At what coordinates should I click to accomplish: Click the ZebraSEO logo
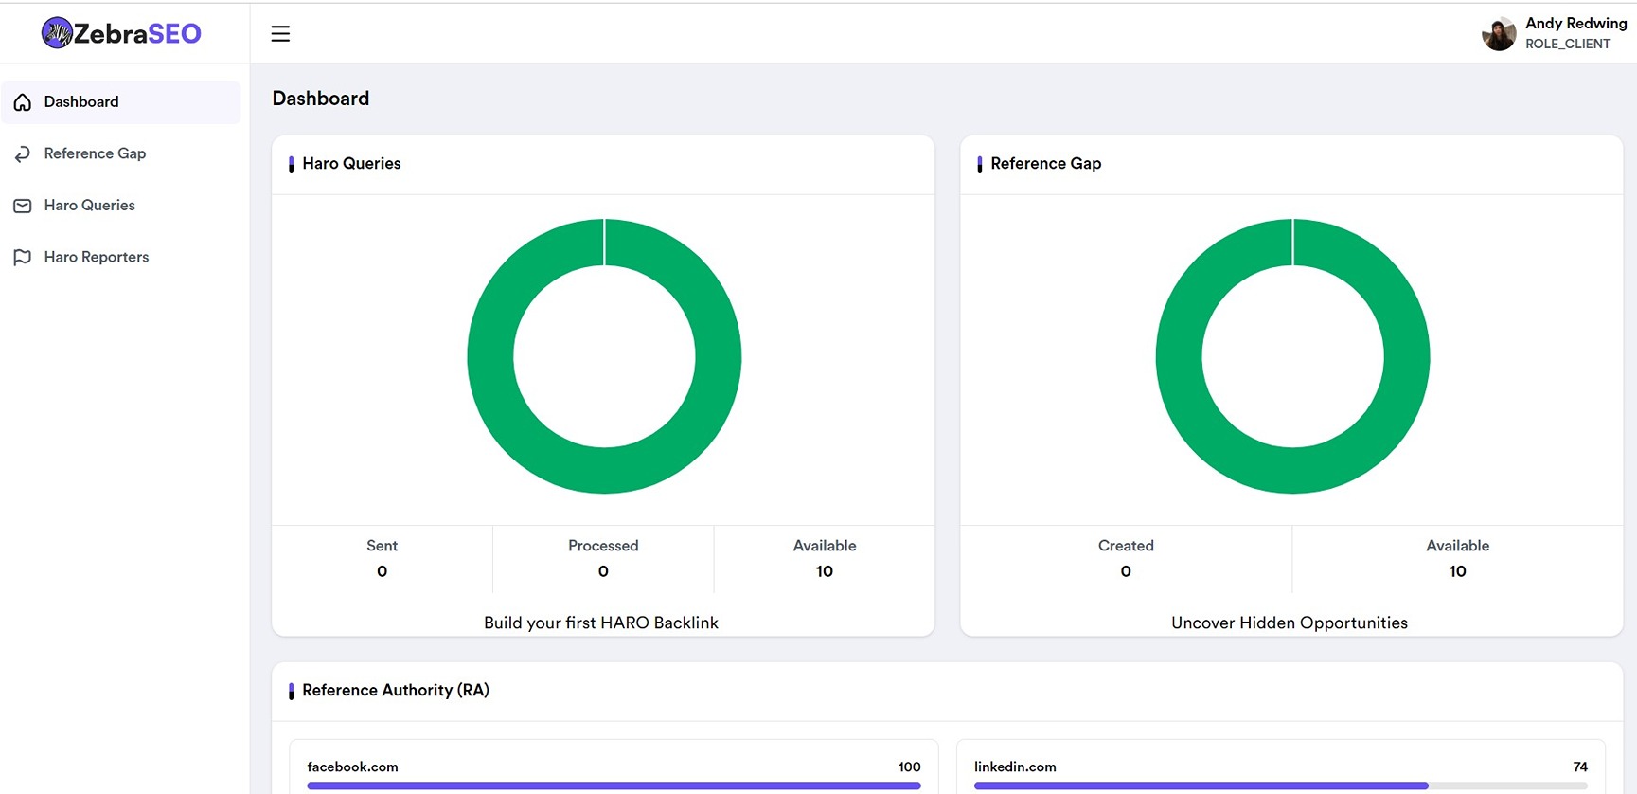coord(121,33)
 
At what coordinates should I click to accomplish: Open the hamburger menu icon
coord(280,34)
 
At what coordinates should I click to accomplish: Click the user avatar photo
coord(1499,34)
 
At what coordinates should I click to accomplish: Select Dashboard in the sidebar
coord(81,102)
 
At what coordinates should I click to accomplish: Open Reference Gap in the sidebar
coord(95,153)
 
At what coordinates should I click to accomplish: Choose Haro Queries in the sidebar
coord(89,206)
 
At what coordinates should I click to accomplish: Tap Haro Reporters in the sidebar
coord(97,257)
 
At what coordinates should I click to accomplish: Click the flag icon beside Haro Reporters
coord(23,258)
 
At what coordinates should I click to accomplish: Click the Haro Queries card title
coord(351,164)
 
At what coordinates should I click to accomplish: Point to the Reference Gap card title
coord(1045,164)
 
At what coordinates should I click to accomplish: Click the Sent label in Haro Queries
coord(382,546)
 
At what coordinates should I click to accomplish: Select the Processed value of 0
coord(603,571)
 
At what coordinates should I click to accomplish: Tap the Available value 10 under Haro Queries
coord(824,571)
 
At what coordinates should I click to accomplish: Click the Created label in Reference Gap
coord(1125,546)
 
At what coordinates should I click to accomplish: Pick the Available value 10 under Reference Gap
coord(1457,571)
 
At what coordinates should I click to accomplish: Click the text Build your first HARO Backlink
coord(601,623)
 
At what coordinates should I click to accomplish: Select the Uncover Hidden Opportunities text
coord(1289,623)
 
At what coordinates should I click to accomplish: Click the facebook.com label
coord(352,767)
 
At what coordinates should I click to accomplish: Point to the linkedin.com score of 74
coord(1579,767)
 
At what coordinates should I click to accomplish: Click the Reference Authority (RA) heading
coord(395,691)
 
